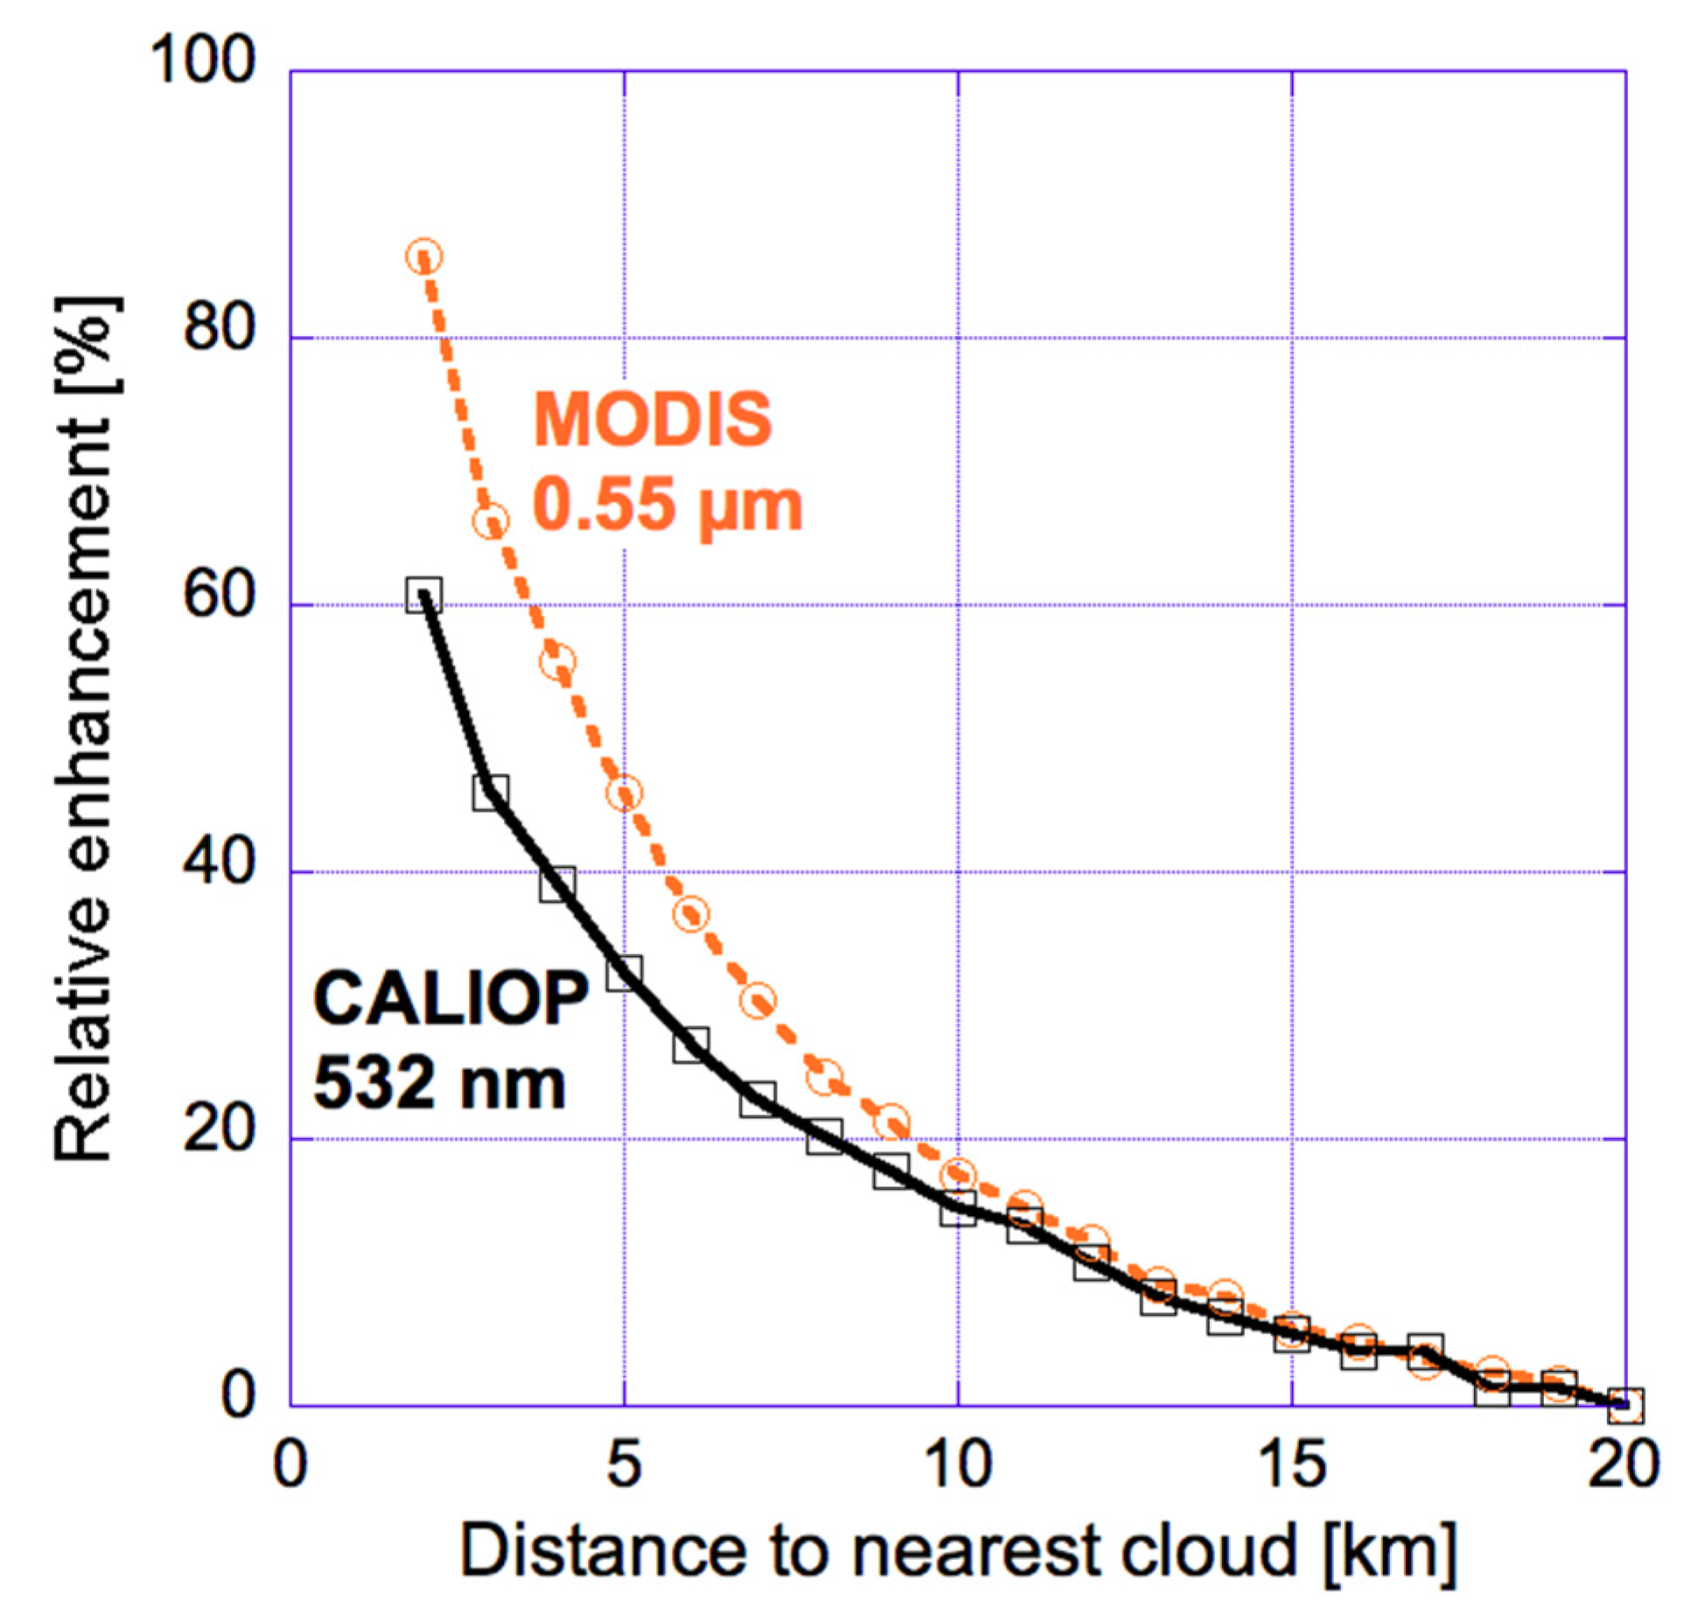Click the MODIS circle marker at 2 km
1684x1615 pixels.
coord(424,256)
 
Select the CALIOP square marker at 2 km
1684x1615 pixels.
coord(424,595)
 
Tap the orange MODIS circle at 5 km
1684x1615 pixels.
coord(625,794)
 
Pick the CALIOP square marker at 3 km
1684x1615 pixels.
coord(491,792)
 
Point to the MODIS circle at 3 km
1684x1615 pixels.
coord(491,521)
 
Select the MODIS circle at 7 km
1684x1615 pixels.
coord(758,1000)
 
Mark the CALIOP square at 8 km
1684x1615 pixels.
coord(825,1136)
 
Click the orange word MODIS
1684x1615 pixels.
coord(653,419)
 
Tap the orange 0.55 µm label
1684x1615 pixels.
coord(667,506)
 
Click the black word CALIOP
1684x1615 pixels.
coord(451,998)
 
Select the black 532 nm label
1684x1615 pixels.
coord(439,1083)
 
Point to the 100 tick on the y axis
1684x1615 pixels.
coord(203,61)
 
